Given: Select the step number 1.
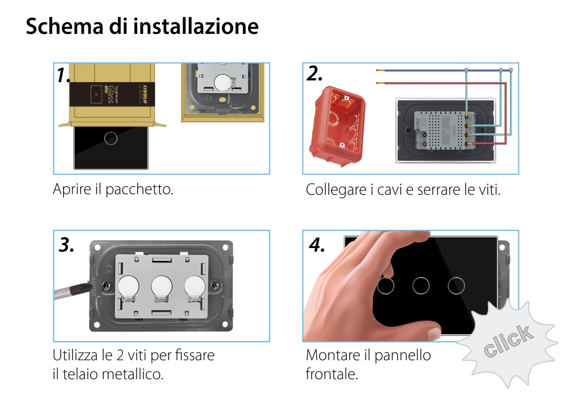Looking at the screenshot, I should coord(64,75).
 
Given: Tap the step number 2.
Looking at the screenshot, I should coord(315,74).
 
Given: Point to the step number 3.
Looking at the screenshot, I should coord(67,245).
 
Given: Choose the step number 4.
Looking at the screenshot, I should coord(317,245).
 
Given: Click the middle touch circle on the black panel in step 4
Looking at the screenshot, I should coord(422,286).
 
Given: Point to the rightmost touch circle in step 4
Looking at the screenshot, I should coord(457,286).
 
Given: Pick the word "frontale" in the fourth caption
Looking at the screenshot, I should coord(331,375).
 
